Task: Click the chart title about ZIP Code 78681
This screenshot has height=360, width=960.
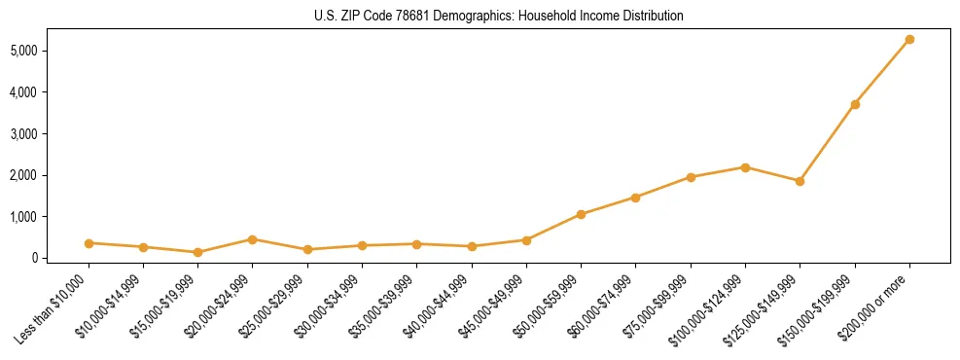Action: pyautogui.click(x=499, y=16)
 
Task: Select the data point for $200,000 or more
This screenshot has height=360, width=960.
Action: pyautogui.click(x=909, y=39)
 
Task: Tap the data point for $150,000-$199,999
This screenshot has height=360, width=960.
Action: pyautogui.click(x=855, y=104)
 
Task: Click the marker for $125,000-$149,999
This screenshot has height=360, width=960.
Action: pyautogui.click(x=800, y=181)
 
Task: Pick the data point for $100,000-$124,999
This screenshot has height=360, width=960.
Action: pyautogui.click(x=745, y=167)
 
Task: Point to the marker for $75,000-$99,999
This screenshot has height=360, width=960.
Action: pyautogui.click(x=691, y=177)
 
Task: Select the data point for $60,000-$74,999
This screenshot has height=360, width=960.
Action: pyautogui.click(x=635, y=198)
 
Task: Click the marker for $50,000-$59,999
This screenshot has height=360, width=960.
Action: pyautogui.click(x=581, y=214)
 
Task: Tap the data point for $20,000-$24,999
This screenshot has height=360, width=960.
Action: pyautogui.click(x=252, y=239)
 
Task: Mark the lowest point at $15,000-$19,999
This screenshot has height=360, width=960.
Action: pyautogui.click(x=197, y=252)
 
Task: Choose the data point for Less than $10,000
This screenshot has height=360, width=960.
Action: pyautogui.click(x=89, y=243)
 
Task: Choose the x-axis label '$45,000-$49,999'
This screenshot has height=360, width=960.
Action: pyautogui.click(x=494, y=306)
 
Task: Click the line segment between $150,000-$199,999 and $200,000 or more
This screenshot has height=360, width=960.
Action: pyautogui.click(x=882, y=72)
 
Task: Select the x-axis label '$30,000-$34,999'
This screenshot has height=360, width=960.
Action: pyautogui.click(x=330, y=306)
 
